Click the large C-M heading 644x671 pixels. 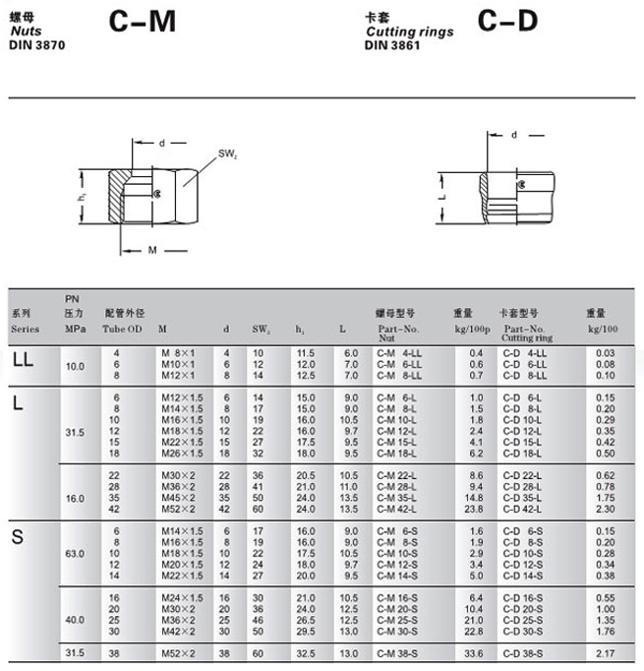(x=143, y=21)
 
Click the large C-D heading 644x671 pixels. (x=508, y=21)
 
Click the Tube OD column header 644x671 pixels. (x=123, y=328)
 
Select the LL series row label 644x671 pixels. (x=23, y=360)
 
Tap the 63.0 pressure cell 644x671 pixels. (x=75, y=552)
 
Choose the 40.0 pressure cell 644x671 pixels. (x=75, y=619)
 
